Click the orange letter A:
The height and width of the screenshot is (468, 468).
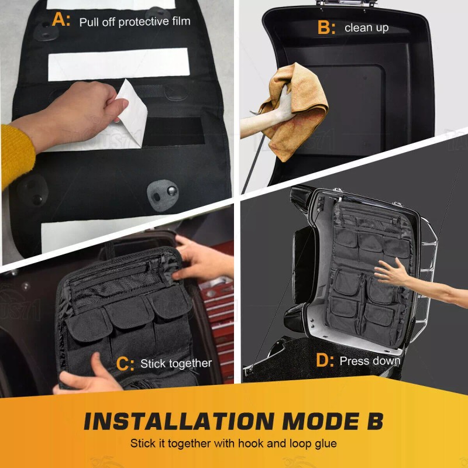(x=61, y=20)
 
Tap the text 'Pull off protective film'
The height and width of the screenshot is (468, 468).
(x=135, y=22)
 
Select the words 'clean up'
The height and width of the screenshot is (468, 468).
(x=366, y=28)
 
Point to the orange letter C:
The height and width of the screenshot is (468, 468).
(x=125, y=363)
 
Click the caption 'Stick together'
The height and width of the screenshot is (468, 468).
(x=176, y=364)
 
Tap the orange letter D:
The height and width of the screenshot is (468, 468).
(x=325, y=360)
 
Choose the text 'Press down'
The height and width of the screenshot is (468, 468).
(x=370, y=361)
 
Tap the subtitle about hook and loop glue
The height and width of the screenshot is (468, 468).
(x=233, y=443)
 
